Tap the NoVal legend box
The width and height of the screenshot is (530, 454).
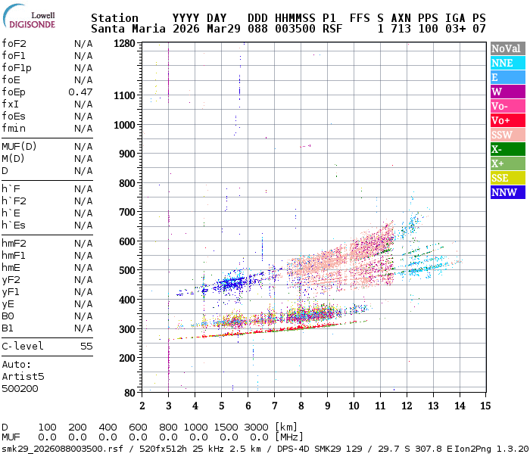(x=505, y=48)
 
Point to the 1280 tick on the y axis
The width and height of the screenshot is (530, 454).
(x=123, y=43)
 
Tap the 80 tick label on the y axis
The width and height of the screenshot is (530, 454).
(x=129, y=393)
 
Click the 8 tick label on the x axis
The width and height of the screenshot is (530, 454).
(x=301, y=406)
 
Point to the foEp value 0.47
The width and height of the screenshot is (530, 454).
(x=80, y=92)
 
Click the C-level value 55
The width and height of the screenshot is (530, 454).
(x=86, y=346)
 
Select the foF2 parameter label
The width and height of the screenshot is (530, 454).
(x=14, y=43)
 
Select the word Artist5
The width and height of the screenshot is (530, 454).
(x=23, y=376)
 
